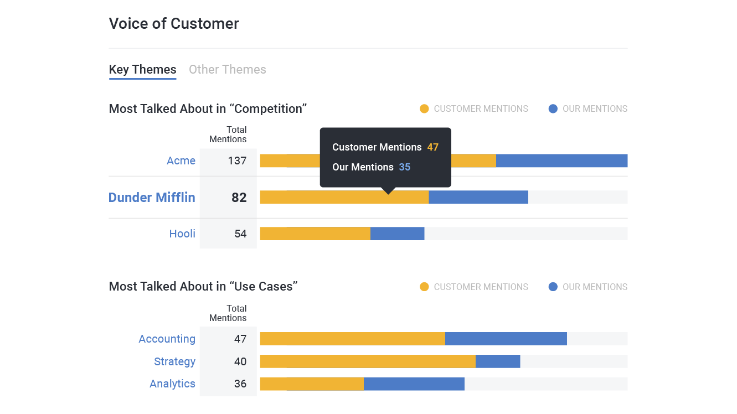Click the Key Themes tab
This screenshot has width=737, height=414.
[x=142, y=70]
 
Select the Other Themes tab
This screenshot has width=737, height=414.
[x=227, y=70]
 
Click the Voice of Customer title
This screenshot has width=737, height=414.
[x=174, y=24]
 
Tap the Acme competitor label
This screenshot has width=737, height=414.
[x=181, y=161]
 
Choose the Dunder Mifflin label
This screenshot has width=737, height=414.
[x=152, y=198]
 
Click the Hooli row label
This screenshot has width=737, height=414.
[x=182, y=234]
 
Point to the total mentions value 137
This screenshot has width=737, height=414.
[x=237, y=161]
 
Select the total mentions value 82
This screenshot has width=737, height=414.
[x=239, y=198]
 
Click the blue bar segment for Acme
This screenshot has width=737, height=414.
[x=561, y=161]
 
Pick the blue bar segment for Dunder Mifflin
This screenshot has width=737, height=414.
[x=478, y=197]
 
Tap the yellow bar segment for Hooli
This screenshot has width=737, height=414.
[x=315, y=234]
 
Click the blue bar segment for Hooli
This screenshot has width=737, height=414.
[x=397, y=234]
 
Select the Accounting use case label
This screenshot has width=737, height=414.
[x=167, y=339]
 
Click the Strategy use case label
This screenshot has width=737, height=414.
[x=174, y=361]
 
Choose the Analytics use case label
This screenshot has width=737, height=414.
[x=172, y=384]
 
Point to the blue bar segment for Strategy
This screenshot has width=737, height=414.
[x=498, y=361]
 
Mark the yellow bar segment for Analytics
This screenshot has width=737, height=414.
[x=312, y=384]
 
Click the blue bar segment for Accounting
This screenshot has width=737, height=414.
[x=506, y=339]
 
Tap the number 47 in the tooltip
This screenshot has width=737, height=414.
[x=432, y=147]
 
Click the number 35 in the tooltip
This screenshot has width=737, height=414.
[x=405, y=167]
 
